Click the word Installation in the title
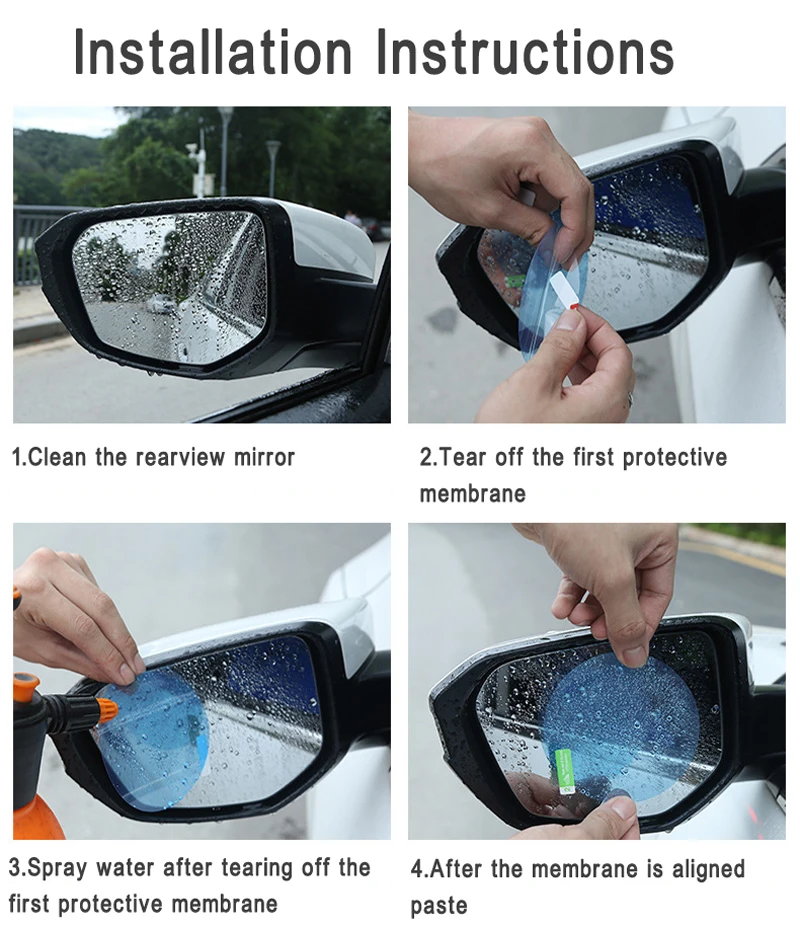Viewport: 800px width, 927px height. [x=213, y=52]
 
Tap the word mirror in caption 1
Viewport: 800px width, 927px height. [x=264, y=458]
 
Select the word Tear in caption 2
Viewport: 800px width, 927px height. [x=462, y=458]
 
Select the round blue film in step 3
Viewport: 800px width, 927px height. [x=150, y=738]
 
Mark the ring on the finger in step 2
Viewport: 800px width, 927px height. [x=629, y=399]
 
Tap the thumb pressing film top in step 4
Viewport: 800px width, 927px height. [x=630, y=650]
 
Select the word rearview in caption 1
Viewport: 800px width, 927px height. [x=181, y=458]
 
